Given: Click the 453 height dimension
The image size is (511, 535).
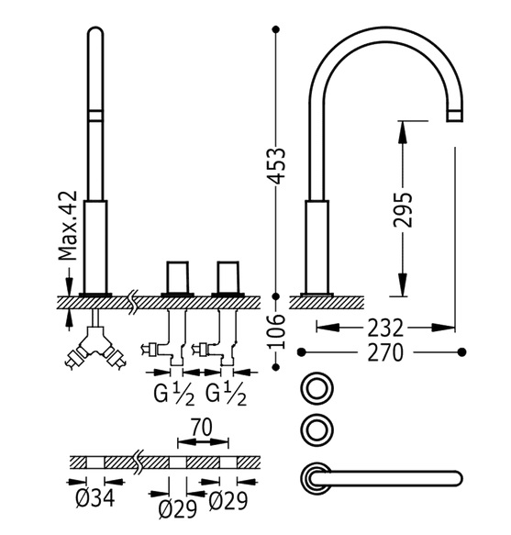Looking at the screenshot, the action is [x=275, y=166].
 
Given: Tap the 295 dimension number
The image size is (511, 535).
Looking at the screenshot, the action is [x=403, y=210].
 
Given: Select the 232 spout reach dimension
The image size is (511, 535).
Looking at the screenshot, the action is [x=385, y=329].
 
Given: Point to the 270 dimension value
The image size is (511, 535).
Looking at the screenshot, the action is [x=385, y=352].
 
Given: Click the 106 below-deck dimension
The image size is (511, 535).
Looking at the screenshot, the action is [x=275, y=331].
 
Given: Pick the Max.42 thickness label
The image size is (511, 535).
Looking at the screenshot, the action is [x=68, y=227].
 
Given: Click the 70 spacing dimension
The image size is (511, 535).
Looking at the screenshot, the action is [x=201, y=428].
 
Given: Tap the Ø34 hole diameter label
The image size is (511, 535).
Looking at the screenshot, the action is [x=95, y=499].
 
